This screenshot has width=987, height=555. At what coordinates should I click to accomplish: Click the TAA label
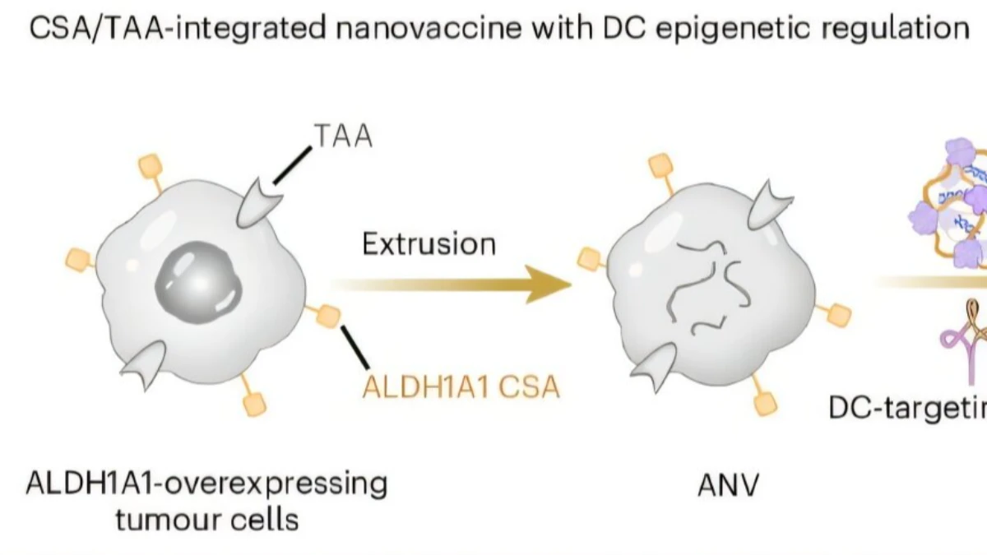coord(343,137)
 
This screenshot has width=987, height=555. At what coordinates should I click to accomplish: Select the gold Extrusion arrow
coord(452,284)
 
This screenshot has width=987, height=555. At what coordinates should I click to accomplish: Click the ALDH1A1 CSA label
coord(461,386)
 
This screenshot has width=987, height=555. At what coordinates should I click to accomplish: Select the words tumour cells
coord(207,520)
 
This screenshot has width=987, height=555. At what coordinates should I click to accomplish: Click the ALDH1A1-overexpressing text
coord(207,483)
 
